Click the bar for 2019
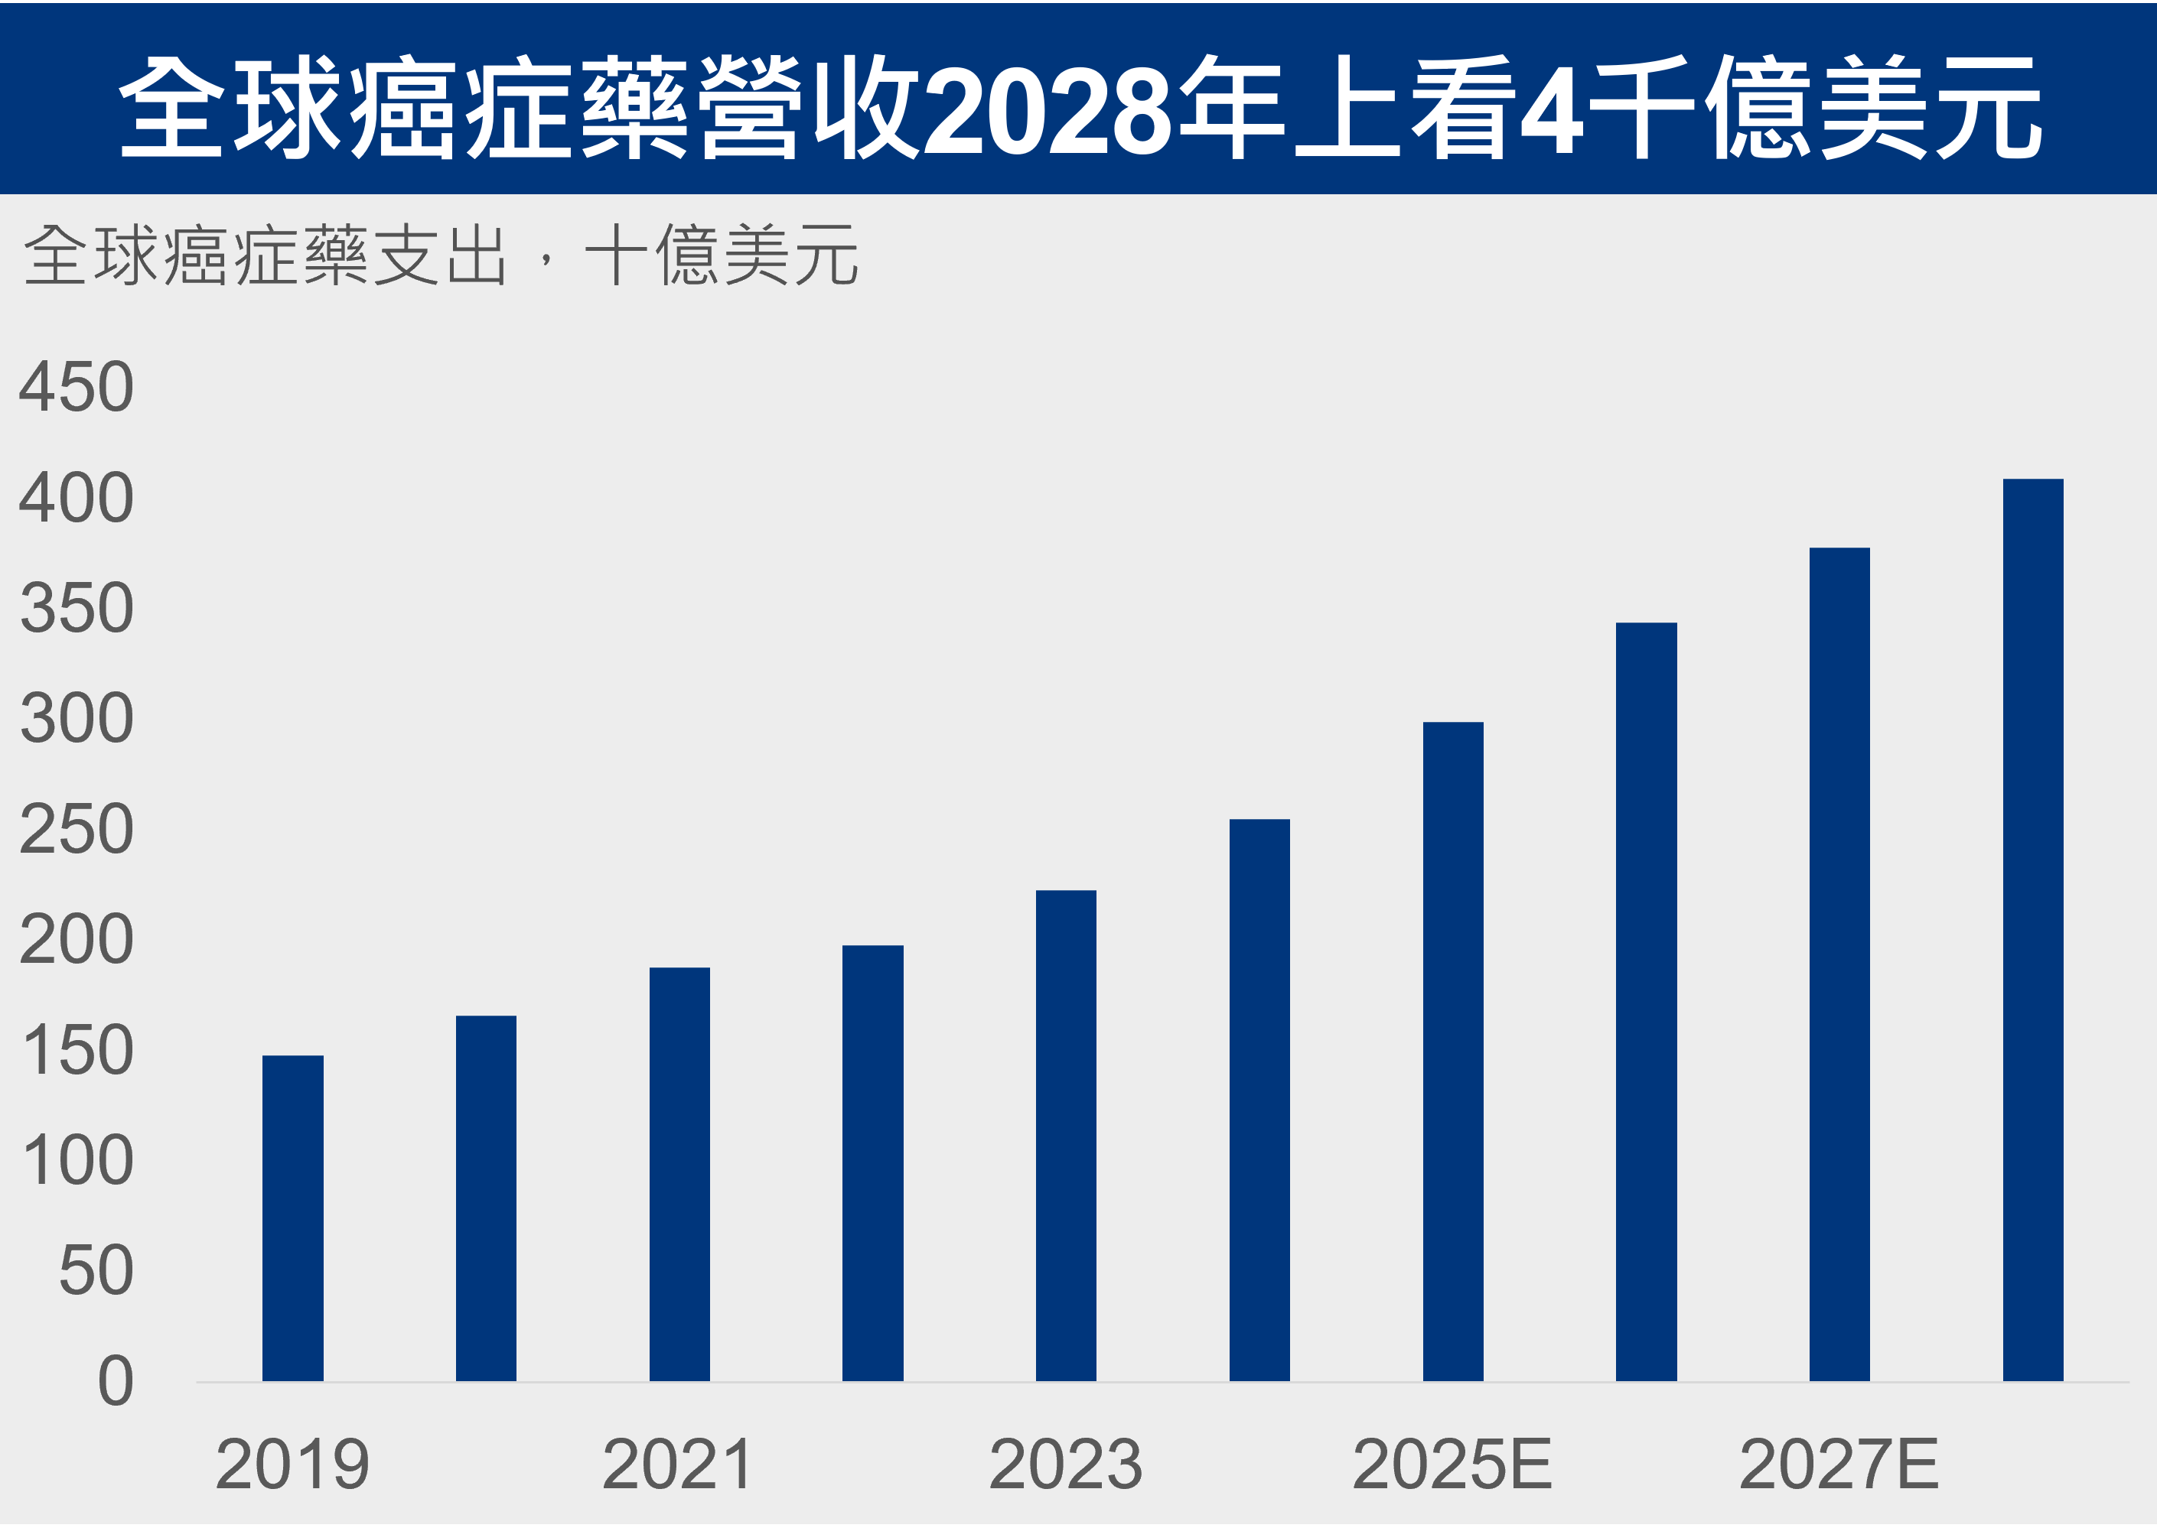coord(293,1219)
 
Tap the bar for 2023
coord(1067,1136)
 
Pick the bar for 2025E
coord(1453,1052)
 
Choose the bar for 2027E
coord(1840,965)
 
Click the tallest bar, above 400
coord(2033,931)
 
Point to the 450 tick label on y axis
coord(77,387)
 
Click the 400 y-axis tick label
coord(77,498)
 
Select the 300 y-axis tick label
coord(77,719)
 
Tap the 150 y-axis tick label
coord(77,1051)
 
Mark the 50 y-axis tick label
coord(95,1271)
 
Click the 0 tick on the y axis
coord(115,1382)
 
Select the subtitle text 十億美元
coord(721,255)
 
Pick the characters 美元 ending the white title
coord(1929,107)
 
